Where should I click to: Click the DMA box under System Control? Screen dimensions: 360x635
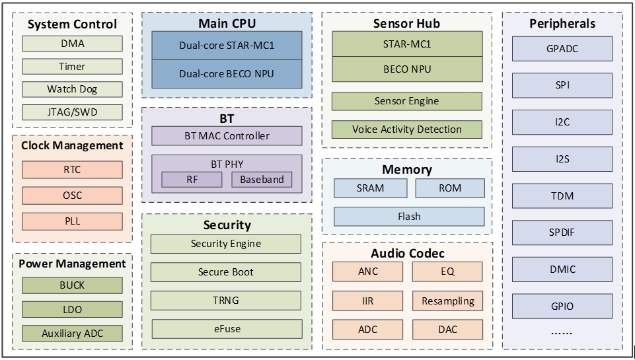72,44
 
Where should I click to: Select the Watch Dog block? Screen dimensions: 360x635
72,89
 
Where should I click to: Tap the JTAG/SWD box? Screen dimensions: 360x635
72,112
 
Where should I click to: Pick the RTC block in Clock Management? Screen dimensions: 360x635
72,170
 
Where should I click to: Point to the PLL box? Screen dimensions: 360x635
72,221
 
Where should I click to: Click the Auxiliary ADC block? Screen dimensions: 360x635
72,333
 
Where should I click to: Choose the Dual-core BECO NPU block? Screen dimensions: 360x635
227,74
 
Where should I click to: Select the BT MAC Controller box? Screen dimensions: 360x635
227,136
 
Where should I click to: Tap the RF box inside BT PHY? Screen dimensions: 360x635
192,179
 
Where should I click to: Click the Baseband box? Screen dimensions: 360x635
262,179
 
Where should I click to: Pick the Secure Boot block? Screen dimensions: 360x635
226,272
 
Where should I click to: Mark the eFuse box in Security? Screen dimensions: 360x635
226,328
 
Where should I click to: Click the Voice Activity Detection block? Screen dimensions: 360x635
406,129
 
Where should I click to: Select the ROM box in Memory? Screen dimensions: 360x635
450,188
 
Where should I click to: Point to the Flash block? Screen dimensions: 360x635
409,217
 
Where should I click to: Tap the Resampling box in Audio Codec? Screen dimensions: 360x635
448,301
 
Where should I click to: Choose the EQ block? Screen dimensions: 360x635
448,271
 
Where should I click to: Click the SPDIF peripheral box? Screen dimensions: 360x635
562,233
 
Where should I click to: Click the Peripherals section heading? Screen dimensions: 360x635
562,24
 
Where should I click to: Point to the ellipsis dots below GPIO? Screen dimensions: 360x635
562,334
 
